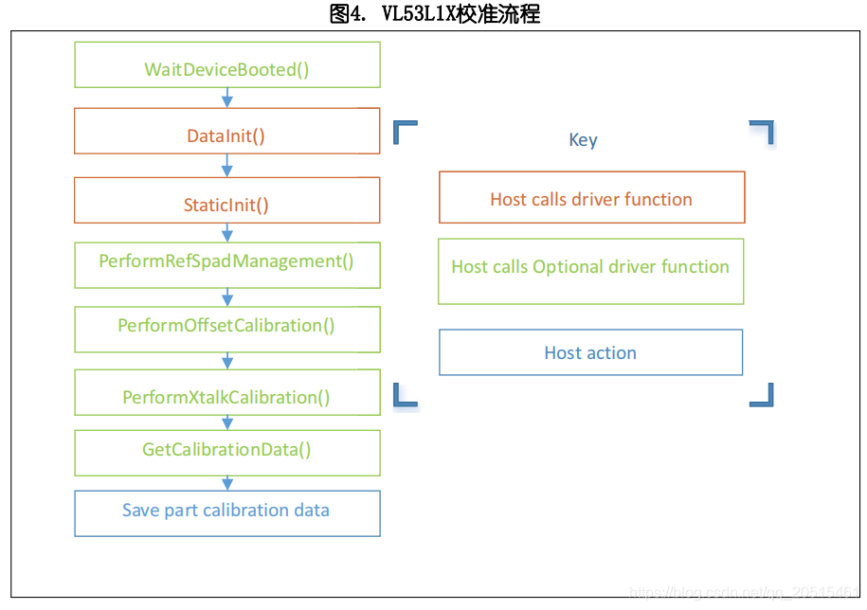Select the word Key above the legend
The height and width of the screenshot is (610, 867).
583,140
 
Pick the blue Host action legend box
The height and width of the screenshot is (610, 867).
590,352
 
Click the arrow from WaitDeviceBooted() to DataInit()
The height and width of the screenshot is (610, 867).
227,98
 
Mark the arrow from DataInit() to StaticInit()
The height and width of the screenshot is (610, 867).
227,166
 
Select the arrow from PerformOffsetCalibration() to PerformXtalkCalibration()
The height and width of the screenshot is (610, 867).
227,361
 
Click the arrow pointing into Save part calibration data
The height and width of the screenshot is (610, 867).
227,483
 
